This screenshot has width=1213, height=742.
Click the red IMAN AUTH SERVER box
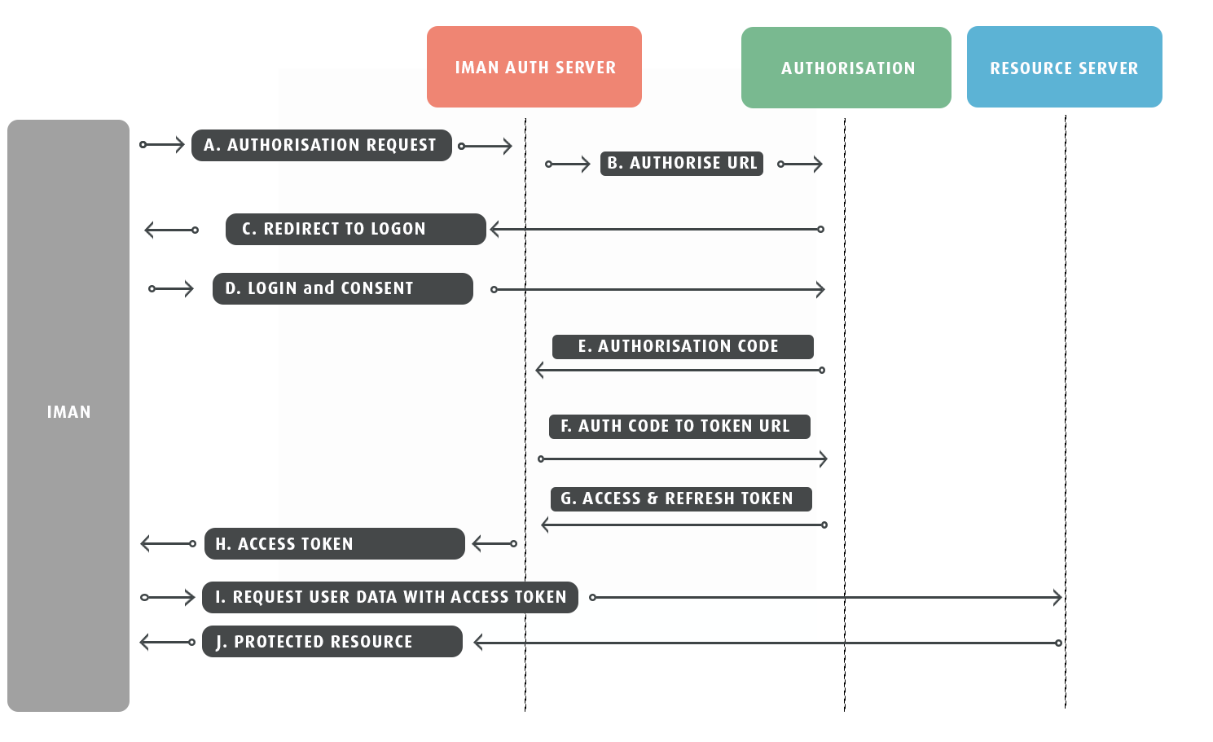pos(534,67)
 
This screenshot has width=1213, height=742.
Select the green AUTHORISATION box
pos(846,68)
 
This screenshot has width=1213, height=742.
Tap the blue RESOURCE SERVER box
pos(1064,67)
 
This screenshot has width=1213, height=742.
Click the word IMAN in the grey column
pos(68,412)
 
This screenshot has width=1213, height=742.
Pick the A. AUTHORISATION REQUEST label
pos(322,145)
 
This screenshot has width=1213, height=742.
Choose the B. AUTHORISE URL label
pos(682,163)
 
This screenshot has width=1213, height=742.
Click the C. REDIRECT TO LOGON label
pos(356,229)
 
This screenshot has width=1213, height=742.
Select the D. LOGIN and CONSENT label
pos(343,288)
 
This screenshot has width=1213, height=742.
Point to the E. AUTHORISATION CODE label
pos(683,347)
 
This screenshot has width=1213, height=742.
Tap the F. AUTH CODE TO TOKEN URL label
pos(679,426)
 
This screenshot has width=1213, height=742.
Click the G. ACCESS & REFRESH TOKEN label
pos(681,498)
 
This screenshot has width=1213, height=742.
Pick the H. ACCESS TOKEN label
pos(335,544)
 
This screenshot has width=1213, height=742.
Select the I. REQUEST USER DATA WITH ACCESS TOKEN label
pos(390,597)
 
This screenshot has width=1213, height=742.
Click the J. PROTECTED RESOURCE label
pos(332,642)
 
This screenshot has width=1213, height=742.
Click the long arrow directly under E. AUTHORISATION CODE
pos(680,371)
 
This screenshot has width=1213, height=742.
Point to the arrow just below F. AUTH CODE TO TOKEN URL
pos(683,459)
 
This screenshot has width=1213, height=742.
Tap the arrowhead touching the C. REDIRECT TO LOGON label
pos(494,229)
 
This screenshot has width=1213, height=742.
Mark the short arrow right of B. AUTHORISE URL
pos(800,164)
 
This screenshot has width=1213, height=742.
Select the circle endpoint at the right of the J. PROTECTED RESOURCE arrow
pos(1059,643)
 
